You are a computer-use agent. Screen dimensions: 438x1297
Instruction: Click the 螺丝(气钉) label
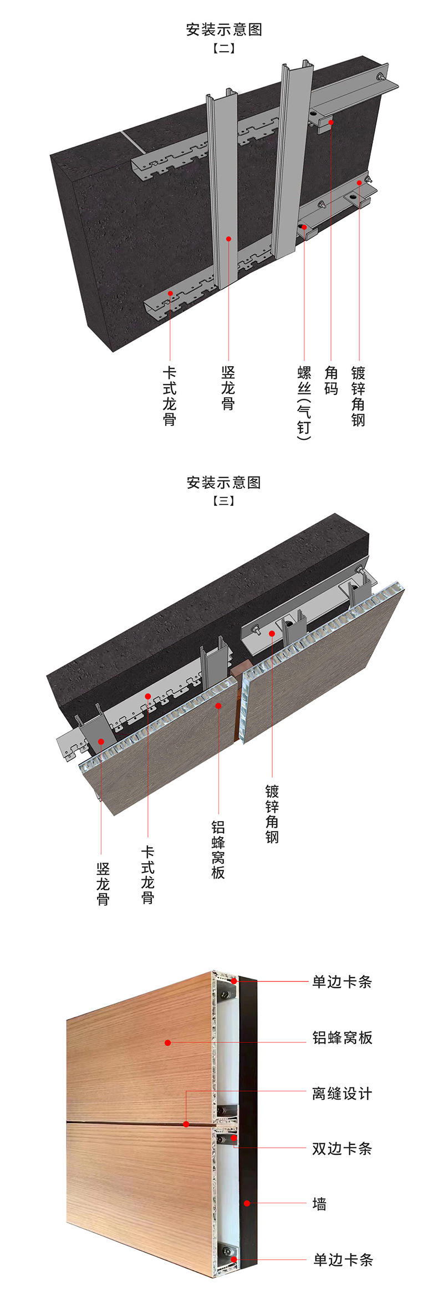tap(304, 403)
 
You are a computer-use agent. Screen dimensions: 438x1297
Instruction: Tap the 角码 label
tap(331, 381)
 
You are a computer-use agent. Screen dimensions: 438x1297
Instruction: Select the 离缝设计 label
tap(342, 1093)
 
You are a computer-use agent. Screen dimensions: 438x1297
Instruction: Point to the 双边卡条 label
tap(342, 1148)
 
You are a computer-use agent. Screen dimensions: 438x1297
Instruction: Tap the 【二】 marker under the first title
tap(224, 48)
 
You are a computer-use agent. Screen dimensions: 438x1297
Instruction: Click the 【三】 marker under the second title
tap(224, 501)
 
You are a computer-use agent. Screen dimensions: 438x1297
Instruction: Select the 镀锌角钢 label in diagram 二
tap(358, 396)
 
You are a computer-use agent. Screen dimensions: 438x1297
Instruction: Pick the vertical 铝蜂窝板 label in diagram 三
tap(218, 850)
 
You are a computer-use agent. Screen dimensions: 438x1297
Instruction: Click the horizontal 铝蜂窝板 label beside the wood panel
tap(342, 1038)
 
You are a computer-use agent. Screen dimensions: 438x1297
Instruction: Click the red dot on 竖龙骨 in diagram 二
tap(228, 239)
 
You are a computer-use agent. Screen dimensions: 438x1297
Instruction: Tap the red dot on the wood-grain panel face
tap(168, 1043)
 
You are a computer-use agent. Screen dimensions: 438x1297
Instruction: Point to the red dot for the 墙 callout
tap(247, 1203)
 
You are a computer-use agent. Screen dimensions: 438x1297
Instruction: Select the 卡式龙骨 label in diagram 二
tap(170, 396)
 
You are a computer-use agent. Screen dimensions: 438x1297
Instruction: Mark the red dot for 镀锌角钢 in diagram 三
tap(272, 634)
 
